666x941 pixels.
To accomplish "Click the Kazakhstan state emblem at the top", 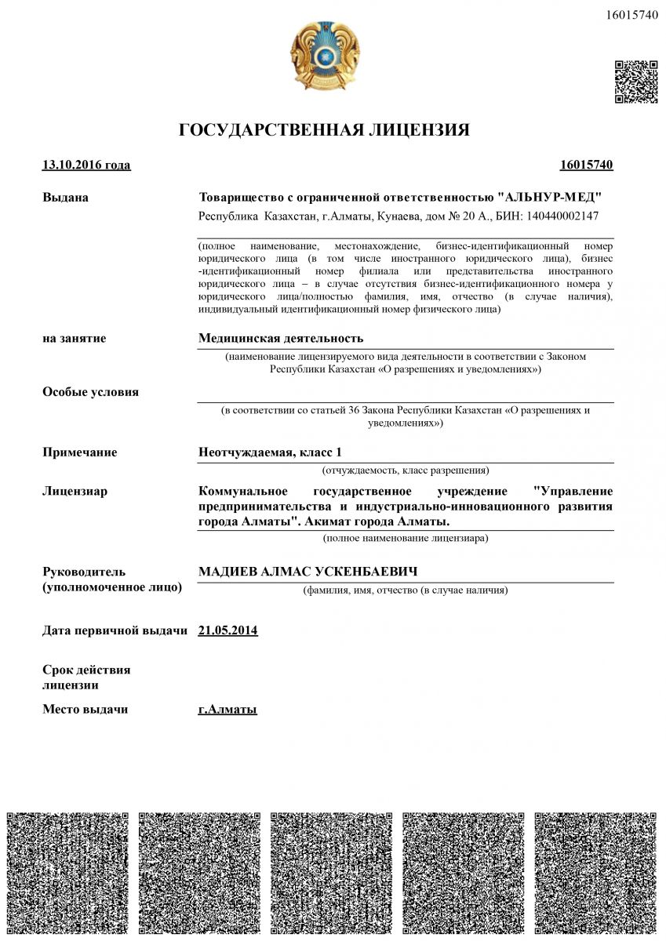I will pos(325,56).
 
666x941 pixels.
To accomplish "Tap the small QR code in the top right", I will pos(635,82).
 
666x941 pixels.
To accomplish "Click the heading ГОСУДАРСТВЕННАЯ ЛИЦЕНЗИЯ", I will pos(324,130).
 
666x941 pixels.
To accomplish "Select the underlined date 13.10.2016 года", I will pos(86,165).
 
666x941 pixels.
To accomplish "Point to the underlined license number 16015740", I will pos(586,165).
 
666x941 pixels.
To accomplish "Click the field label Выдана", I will pos(65,198).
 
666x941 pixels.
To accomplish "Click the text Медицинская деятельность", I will pos(281,338).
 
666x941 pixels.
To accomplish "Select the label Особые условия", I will pos(90,392).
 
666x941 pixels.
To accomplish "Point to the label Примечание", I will pos(79,452).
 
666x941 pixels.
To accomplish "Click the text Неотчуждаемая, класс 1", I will pos(270,452).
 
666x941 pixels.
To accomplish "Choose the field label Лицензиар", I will pos(75,492).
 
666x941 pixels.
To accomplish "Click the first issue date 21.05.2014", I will pos(228,630).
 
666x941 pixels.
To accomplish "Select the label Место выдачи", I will pos(85,710).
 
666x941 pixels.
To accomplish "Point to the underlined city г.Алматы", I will pos(227,710).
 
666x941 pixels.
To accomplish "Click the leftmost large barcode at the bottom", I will pos(67,873).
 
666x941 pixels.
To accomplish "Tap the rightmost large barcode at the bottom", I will pos(595,873).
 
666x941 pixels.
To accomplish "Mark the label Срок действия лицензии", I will pos(86,678).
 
